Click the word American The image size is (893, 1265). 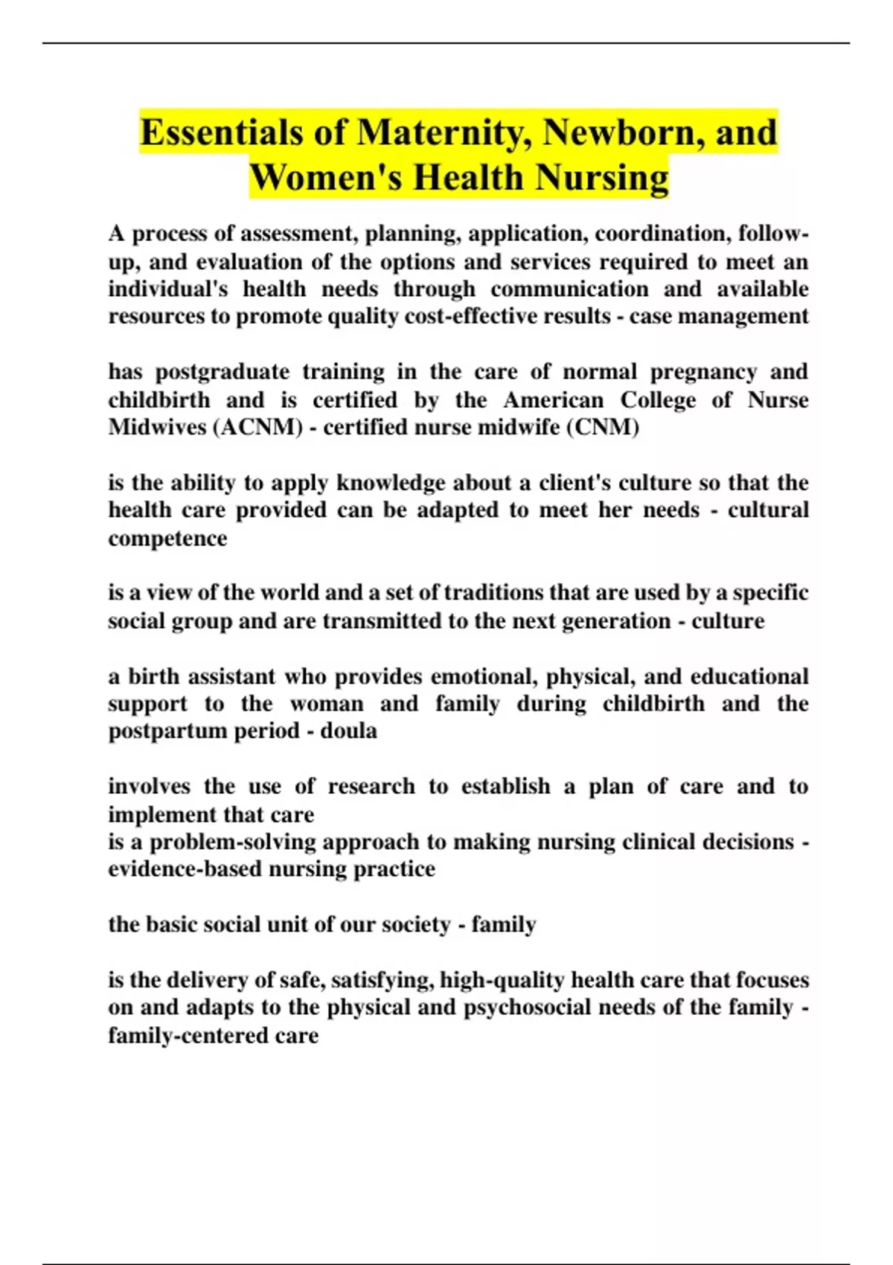pos(554,400)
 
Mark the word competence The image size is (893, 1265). pos(167,538)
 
